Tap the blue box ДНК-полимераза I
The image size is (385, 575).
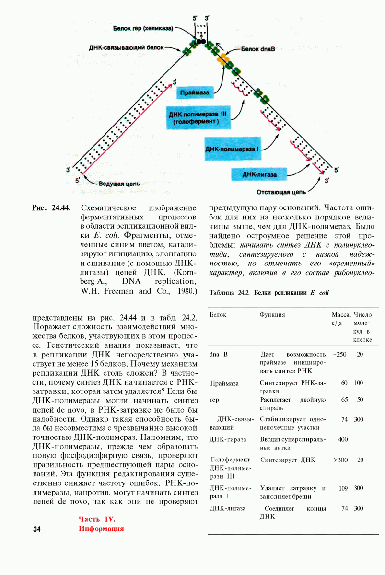coord(232,149)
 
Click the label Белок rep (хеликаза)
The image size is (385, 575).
coord(143,29)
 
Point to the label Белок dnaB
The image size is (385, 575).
coord(257,49)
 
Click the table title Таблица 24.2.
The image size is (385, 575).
coord(229,292)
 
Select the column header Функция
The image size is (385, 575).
coord(272,315)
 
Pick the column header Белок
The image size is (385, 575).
coord(218,315)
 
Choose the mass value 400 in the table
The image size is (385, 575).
coord(343,439)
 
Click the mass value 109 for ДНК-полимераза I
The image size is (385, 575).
coord(343,488)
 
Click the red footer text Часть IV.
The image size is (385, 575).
coord(97,518)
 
